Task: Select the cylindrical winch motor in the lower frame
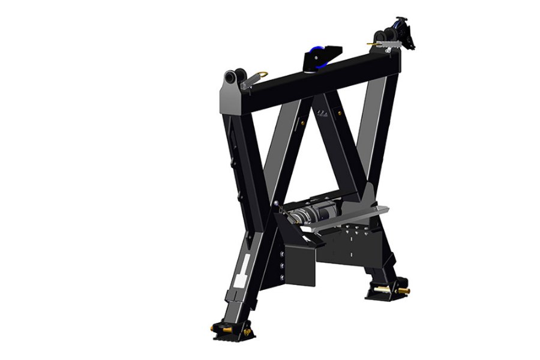click(312, 212)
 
